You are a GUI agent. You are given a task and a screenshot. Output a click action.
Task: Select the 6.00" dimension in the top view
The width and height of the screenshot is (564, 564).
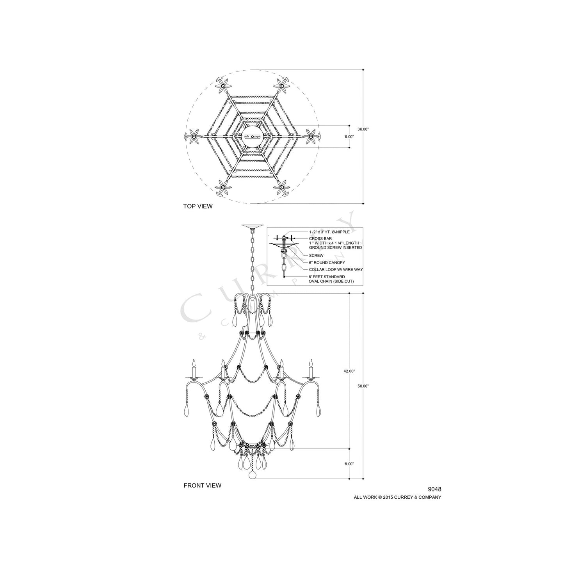tap(349, 137)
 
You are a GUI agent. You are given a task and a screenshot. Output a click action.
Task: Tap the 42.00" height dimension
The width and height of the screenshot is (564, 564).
tap(349, 371)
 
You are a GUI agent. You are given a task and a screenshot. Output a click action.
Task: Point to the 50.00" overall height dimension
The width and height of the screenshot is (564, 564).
tap(363, 386)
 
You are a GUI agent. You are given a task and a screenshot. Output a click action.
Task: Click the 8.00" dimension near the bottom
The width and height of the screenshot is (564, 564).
tap(349, 464)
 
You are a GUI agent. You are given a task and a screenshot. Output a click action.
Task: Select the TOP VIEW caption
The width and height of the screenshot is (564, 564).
tap(198, 206)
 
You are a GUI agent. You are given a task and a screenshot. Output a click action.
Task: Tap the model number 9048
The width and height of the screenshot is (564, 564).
tap(434, 489)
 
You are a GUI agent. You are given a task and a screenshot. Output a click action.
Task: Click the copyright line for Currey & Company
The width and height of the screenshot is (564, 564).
tap(397, 497)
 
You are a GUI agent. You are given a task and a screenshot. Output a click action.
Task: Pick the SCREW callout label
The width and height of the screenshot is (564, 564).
tap(316, 256)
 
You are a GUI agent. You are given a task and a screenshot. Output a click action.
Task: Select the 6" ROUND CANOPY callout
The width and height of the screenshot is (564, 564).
tap(327, 263)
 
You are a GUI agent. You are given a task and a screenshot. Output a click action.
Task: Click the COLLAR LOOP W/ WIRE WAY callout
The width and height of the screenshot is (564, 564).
tap(334, 269)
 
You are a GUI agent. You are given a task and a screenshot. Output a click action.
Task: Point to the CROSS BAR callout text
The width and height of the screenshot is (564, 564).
tap(320, 238)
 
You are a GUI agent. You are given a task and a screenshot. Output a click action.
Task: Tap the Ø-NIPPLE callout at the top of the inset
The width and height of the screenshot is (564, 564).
tap(329, 232)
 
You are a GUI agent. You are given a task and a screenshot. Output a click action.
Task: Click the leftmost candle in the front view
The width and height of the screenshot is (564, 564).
tap(193, 369)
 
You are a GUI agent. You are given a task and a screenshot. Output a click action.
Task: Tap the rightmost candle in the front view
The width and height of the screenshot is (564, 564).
tap(311, 369)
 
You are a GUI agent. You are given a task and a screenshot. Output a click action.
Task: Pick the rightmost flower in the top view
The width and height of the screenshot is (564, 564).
tap(311, 136)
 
